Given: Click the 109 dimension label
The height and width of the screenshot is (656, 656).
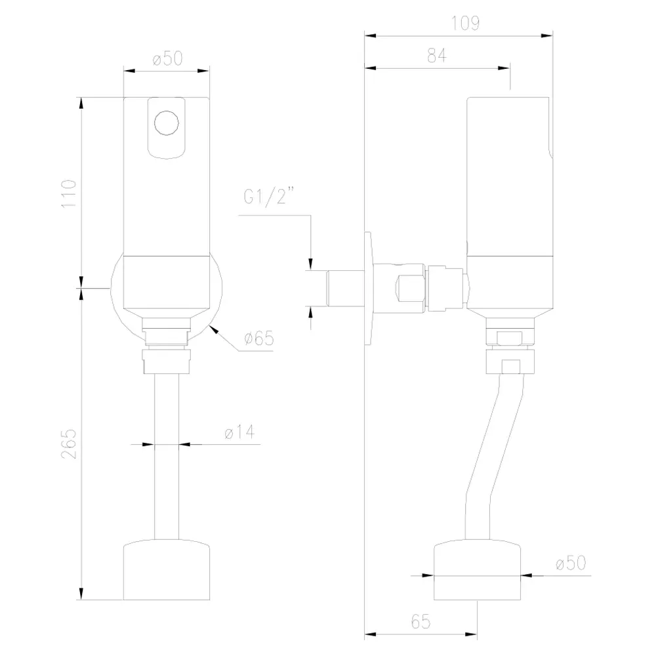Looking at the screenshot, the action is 465,23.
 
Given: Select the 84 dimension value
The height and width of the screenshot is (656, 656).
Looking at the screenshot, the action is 437,55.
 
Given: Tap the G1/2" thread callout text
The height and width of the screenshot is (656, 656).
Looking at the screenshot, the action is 268,195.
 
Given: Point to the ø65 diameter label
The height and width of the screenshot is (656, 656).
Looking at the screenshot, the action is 259,338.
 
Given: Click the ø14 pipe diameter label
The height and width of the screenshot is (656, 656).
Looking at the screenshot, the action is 239,432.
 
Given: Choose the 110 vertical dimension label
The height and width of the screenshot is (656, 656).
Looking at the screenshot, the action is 69,194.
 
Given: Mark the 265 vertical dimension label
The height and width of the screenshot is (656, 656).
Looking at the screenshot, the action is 69,444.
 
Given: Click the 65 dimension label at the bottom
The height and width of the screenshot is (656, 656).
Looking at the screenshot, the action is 421,622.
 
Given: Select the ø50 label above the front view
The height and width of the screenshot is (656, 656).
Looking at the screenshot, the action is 168,58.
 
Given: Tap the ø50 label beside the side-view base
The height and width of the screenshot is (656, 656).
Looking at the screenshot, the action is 571,563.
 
